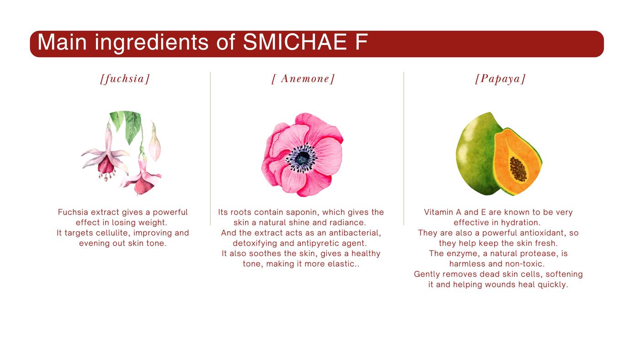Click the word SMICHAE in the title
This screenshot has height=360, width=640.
294,43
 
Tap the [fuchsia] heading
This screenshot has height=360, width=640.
125,79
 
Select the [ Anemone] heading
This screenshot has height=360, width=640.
303,79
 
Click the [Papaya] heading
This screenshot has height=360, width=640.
500,79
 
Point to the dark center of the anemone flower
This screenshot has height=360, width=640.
302,158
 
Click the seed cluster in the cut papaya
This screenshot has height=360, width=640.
518,169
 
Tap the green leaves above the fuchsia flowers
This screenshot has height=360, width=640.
127,124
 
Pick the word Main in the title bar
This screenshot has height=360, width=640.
62,43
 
